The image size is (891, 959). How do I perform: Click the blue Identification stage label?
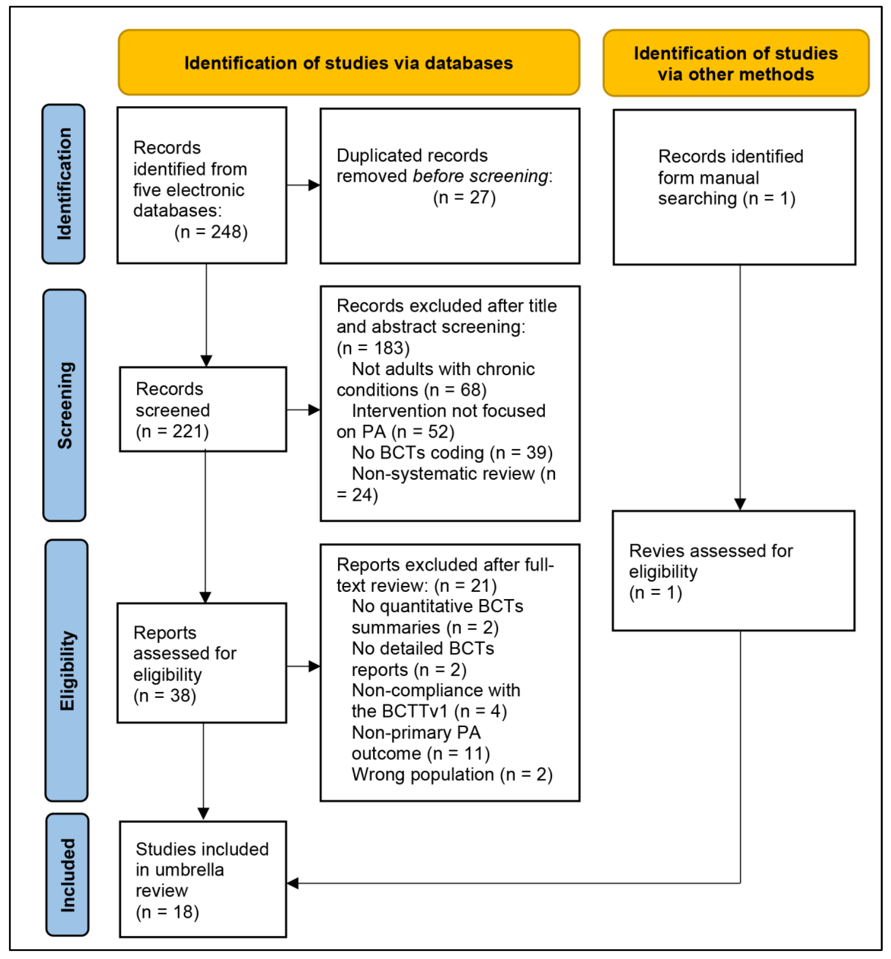[x=64, y=184]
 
